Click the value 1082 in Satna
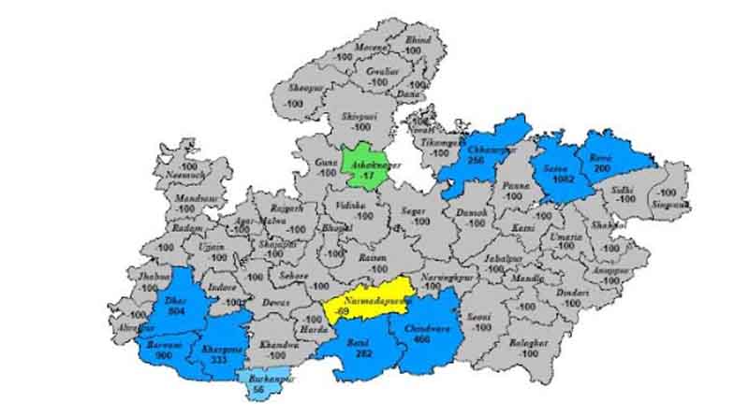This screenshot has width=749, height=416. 562,178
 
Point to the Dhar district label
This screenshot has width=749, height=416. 175,301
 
